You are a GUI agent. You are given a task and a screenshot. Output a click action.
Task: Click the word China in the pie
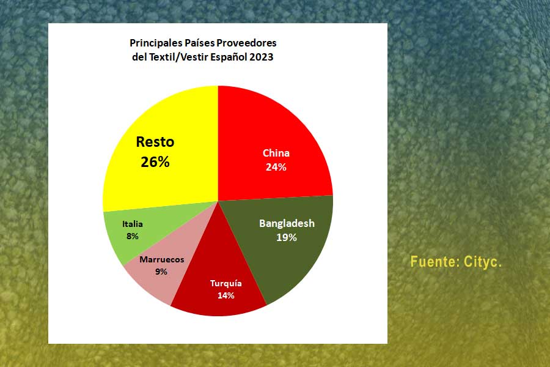tap(276, 153)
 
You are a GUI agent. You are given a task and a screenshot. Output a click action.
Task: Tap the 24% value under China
tap(276, 167)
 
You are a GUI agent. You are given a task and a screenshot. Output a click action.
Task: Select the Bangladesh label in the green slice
tap(287, 224)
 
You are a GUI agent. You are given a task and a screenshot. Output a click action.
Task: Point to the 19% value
tap(287, 238)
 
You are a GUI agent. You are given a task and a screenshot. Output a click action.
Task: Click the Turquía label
tap(226, 283)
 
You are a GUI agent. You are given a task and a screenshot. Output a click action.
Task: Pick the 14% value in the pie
tap(226, 295)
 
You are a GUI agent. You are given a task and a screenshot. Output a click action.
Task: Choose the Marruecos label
tap(162, 259)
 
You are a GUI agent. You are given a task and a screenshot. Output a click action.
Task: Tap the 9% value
tap(161, 272)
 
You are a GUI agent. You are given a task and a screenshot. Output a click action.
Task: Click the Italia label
tap(133, 224)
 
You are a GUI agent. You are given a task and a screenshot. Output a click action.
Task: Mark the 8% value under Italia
tap(133, 236)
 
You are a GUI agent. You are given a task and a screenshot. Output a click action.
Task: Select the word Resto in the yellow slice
tap(155, 142)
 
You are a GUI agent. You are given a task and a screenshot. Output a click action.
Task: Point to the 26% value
tap(155, 162)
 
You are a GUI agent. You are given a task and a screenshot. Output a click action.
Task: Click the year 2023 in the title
tap(262, 57)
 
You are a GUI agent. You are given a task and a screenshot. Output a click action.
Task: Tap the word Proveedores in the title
tap(247, 43)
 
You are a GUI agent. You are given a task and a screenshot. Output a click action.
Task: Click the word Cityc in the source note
tap(483, 262)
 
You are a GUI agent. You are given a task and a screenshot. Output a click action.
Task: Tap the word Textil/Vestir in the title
tap(179, 57)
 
